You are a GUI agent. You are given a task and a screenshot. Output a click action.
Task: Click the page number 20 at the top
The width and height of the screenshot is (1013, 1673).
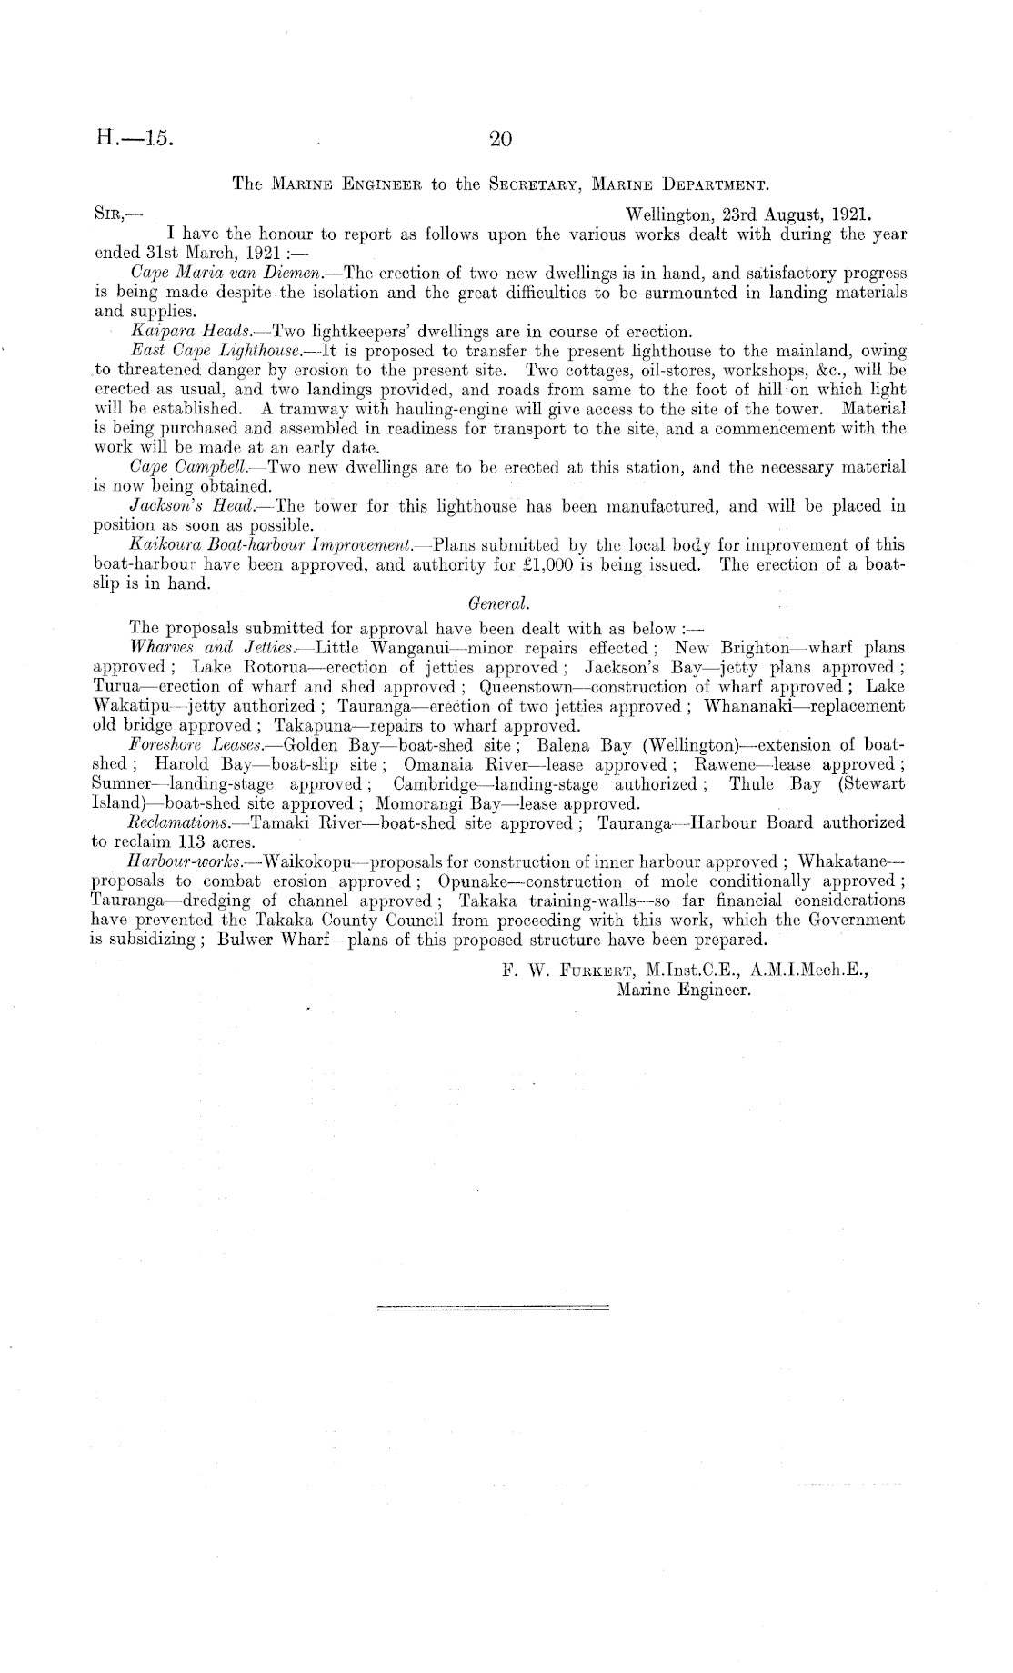pyautogui.click(x=501, y=139)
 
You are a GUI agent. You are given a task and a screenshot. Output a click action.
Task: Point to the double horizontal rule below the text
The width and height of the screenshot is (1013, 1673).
pyautogui.click(x=492, y=1308)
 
